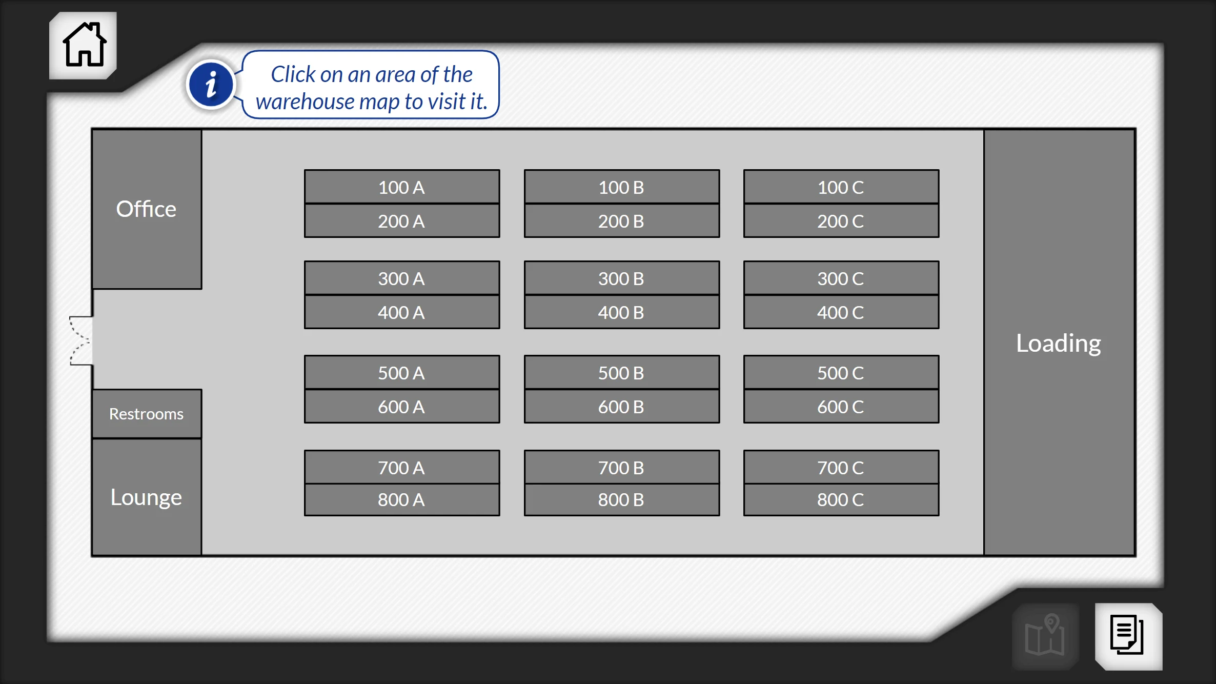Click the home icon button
pos(83,45)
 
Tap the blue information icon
pos(211,85)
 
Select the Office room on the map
pos(147,209)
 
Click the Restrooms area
pos(147,414)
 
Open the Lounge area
pos(147,497)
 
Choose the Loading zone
pos(1059,343)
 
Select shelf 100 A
pos(402,187)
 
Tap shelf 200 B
pos(622,221)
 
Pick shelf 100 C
pos(841,187)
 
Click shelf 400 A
pos(402,312)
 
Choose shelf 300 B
pos(622,278)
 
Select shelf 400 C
pos(841,312)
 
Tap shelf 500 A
pos(402,372)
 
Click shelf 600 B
pos(622,407)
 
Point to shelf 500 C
pos(841,372)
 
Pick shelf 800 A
pos(402,500)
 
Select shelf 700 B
pos(622,467)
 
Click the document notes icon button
pos(1128,636)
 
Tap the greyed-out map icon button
pos(1046,636)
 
